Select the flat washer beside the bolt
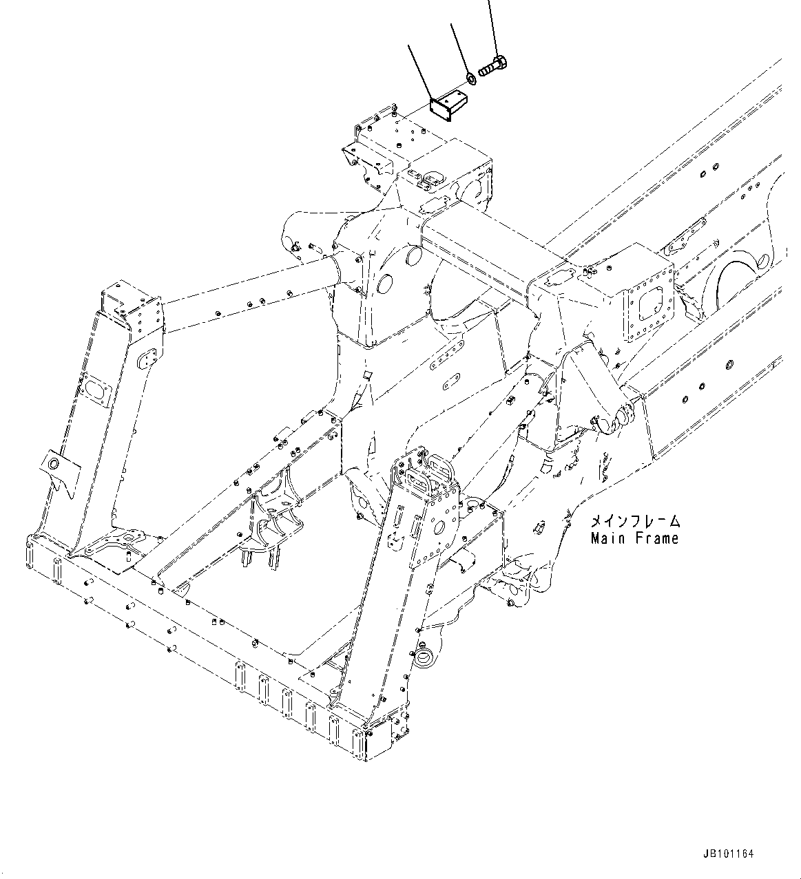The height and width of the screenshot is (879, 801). tap(470, 78)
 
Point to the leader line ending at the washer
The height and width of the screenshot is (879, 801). tap(459, 48)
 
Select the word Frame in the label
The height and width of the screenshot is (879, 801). tap(655, 538)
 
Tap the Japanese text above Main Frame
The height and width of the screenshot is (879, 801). tap(634, 521)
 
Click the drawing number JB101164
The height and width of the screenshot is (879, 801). tap(729, 854)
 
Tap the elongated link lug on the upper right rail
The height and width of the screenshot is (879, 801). tap(683, 237)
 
